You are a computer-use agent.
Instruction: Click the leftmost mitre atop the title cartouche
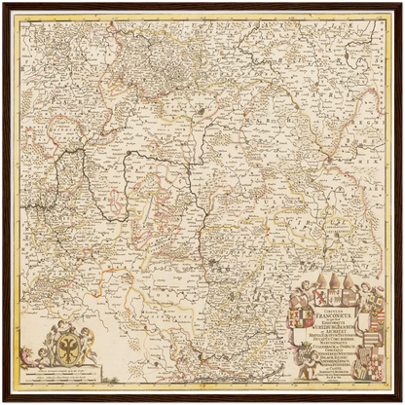(x=310, y=283)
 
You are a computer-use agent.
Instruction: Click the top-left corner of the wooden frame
(x=4, y=4)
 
